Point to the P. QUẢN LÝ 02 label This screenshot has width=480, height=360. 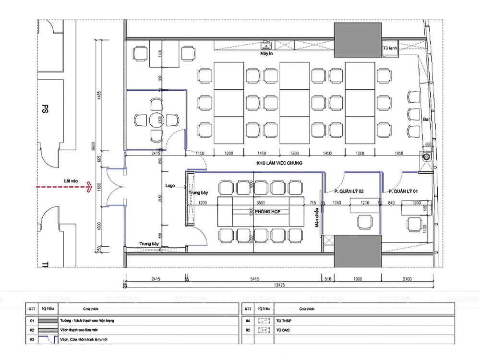[349, 192]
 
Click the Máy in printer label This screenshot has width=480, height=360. [266, 54]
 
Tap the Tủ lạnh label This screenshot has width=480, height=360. [389, 49]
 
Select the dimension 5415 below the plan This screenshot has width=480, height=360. [254, 278]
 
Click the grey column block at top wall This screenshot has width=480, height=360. [358, 39]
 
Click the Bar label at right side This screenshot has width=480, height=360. [425, 119]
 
